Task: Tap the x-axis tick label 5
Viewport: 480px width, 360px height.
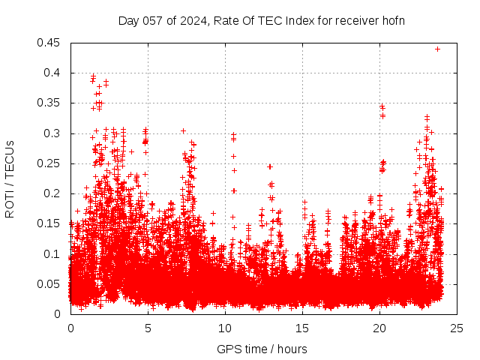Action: coord(148,328)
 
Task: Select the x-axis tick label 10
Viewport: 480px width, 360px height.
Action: coord(225,328)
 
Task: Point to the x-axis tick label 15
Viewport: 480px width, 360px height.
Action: coord(302,328)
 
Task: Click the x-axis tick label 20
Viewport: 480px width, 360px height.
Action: coord(379,328)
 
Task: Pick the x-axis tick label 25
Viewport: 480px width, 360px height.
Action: coord(457,328)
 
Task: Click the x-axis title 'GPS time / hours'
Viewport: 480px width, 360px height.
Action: coord(262,349)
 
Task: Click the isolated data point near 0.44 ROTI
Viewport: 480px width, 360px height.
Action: coord(437,49)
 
